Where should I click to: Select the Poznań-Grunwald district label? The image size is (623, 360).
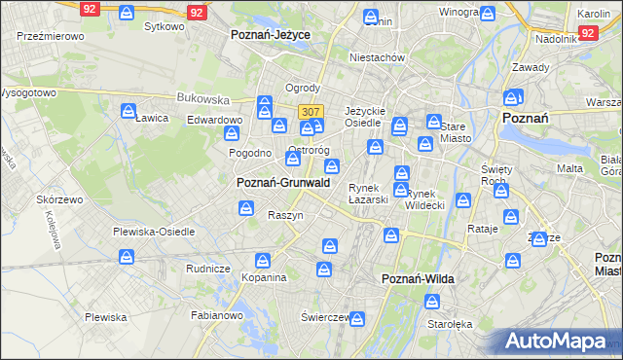tap(283, 182)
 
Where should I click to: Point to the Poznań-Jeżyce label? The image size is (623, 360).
tap(270, 34)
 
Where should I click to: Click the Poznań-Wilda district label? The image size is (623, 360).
tap(417, 279)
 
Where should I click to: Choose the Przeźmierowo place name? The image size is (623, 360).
tap(51, 35)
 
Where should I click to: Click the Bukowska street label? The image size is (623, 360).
tap(202, 98)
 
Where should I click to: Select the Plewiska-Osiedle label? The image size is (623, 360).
tap(154, 232)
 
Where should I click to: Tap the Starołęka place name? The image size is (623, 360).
tap(450, 324)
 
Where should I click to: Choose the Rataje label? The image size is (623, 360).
tap(483, 229)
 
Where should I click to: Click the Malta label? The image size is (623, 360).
tap(570, 168)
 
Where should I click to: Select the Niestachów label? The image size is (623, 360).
tap(378, 57)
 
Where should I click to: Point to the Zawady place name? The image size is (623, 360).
tap(531, 67)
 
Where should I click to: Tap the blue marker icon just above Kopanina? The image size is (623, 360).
tap(262, 260)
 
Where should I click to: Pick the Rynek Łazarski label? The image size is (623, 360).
tap(369, 193)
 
